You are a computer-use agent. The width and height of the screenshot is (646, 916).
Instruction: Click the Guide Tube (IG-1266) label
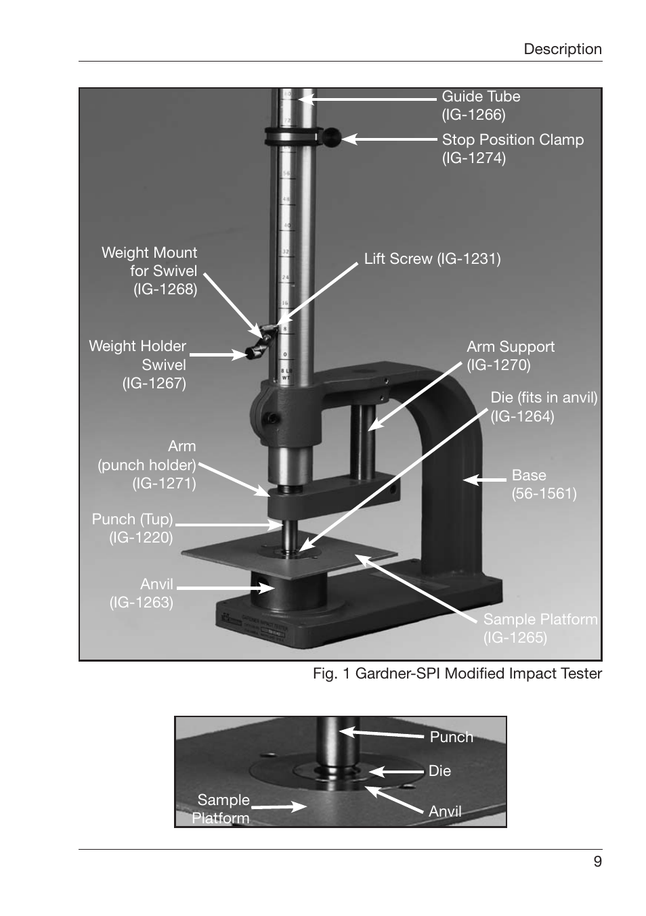tap(480, 106)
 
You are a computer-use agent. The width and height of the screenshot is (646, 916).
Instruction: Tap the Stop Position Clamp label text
tap(512, 148)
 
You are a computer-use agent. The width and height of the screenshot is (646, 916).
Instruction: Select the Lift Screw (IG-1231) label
tap(432, 259)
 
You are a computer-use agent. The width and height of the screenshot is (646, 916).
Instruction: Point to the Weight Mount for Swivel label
tap(150, 271)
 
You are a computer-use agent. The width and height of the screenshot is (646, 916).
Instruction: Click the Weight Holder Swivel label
tap(138, 364)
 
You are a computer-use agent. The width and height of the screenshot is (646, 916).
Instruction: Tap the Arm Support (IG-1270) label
tap(510, 356)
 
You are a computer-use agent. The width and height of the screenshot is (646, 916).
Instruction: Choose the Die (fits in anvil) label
tap(543, 407)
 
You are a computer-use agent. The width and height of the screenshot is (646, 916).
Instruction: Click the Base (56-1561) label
tap(543, 484)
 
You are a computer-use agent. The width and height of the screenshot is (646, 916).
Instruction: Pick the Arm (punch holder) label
tap(148, 465)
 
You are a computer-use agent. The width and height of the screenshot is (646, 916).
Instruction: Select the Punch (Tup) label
tap(133, 528)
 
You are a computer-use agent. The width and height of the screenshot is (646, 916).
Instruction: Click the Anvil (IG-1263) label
tap(142, 593)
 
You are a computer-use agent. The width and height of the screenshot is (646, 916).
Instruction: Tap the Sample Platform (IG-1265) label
tap(540, 628)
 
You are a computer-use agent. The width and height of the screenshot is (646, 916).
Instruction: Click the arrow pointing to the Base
tap(484, 480)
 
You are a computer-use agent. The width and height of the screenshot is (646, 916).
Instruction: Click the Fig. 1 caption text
tap(456, 674)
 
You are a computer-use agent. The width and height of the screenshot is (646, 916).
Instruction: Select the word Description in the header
tap(562, 49)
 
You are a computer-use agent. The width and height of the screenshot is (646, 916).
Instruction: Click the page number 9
tap(597, 861)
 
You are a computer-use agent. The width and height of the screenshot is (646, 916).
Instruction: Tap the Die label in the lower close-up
tap(439, 771)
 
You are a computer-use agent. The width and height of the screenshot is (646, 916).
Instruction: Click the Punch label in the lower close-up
tap(451, 737)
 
